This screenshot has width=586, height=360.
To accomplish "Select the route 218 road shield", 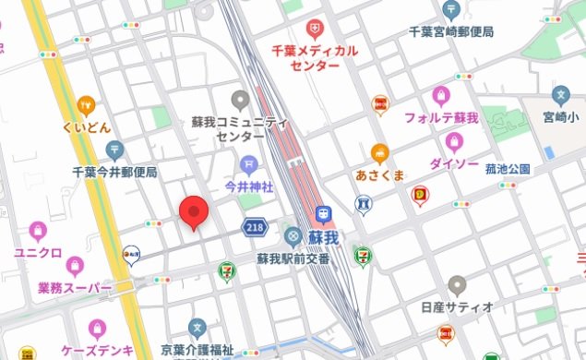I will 256,226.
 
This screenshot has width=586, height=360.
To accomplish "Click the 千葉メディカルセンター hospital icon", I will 315,29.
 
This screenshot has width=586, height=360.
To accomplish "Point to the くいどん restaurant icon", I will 87,104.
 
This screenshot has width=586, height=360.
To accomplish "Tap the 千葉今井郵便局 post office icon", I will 114,150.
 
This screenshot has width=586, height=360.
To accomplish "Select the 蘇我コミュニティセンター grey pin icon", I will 240,99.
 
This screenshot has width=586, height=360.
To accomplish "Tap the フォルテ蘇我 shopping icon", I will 441,96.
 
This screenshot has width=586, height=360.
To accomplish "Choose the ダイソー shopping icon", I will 453,142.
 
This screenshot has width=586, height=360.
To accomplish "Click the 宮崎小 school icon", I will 559,95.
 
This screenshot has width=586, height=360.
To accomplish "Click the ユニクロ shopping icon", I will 38,231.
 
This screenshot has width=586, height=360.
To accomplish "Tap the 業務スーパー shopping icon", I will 75,268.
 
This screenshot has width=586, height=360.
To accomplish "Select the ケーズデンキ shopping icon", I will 97,329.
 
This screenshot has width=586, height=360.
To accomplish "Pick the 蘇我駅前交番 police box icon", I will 293,236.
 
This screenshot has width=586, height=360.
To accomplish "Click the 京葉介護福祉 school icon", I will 197,328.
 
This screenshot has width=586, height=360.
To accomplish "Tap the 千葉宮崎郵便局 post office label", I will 450,30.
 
